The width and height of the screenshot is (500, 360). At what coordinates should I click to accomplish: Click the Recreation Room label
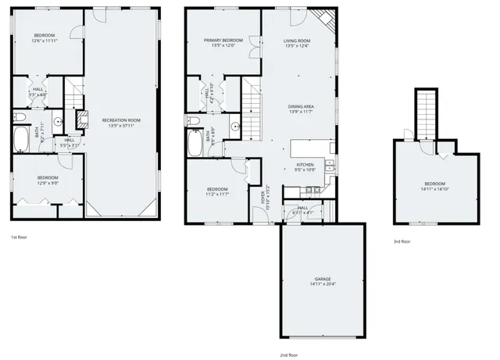coord(120,119)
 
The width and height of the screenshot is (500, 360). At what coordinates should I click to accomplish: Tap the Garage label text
coord(323,279)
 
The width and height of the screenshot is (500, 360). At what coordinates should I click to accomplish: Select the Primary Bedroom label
coord(223,41)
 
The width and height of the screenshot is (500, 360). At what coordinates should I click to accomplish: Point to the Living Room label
coord(297,41)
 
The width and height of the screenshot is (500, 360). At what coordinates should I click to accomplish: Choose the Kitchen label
coord(305,164)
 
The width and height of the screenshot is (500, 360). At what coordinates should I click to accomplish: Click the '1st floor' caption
coord(20,237)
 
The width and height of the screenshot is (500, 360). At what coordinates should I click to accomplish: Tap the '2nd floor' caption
coord(288,354)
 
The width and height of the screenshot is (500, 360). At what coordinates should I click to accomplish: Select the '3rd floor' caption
coord(402,242)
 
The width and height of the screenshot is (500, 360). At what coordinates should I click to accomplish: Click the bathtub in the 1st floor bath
coord(21,141)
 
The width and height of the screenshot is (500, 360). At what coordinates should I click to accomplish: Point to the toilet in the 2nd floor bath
coord(191,121)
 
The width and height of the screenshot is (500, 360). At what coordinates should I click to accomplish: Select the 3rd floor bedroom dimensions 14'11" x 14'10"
coord(435,188)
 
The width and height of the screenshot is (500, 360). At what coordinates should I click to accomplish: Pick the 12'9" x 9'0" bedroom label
coord(48,180)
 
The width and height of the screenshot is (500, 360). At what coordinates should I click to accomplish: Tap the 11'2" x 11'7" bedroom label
coord(217,191)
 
